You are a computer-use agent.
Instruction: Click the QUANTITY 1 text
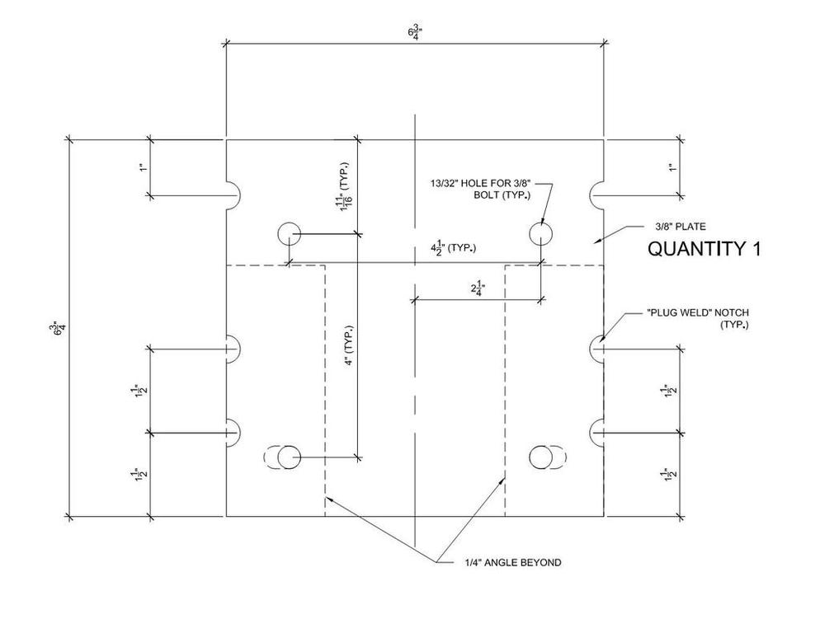point(704,249)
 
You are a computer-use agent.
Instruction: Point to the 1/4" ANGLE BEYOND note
point(511,562)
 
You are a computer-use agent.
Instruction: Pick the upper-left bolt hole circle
point(290,234)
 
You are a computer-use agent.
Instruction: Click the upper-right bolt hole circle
point(540,234)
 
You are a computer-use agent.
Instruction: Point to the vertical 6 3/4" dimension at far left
point(59,328)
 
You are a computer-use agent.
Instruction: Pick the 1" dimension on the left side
point(143,167)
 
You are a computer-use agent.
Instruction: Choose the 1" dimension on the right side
point(672,167)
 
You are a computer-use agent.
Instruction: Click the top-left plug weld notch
point(232,195)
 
